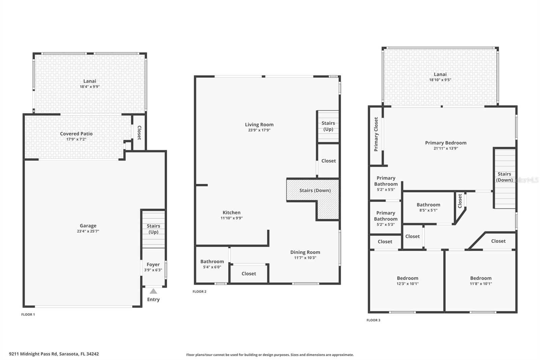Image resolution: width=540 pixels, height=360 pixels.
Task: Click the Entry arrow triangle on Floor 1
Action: pyautogui.click(x=153, y=291)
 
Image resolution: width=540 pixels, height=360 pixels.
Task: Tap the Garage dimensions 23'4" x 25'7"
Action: pyautogui.click(x=88, y=231)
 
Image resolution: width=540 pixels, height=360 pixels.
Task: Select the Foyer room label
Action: pyautogui.click(x=153, y=264)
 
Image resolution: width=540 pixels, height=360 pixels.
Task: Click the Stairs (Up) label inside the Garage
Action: pyautogui.click(x=153, y=229)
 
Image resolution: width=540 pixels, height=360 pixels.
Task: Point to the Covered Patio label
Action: pyautogui.click(x=76, y=134)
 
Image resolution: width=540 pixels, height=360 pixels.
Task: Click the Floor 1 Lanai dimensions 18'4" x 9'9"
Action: pyautogui.click(x=90, y=87)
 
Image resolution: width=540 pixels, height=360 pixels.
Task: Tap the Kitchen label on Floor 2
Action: pyautogui.click(x=232, y=212)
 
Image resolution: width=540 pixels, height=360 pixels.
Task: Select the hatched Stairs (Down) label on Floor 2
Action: pyautogui.click(x=315, y=190)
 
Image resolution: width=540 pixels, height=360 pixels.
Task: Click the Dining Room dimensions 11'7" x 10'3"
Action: pyautogui.click(x=305, y=258)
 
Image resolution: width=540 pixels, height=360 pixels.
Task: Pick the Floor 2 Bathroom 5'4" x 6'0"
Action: pyautogui.click(x=212, y=264)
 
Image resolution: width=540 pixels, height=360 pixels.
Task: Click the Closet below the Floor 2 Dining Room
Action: pyautogui.click(x=249, y=274)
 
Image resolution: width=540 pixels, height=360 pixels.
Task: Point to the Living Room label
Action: pyautogui.click(x=259, y=124)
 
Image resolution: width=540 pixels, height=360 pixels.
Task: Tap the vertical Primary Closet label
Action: pyautogui.click(x=376, y=134)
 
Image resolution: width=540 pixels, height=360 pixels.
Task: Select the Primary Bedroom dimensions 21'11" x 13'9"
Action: pyautogui.click(x=446, y=148)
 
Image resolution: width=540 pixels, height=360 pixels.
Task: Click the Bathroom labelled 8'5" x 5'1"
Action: pyautogui.click(x=428, y=207)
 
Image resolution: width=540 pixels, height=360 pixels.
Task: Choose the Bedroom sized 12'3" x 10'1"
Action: pyautogui.click(x=407, y=281)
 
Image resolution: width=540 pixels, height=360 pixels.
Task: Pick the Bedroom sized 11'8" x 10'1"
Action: pyautogui.click(x=481, y=281)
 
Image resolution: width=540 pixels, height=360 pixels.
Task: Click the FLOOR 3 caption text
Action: pyautogui.click(x=373, y=320)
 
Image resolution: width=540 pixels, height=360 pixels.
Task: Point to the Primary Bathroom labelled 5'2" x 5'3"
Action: pyautogui.click(x=385, y=218)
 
